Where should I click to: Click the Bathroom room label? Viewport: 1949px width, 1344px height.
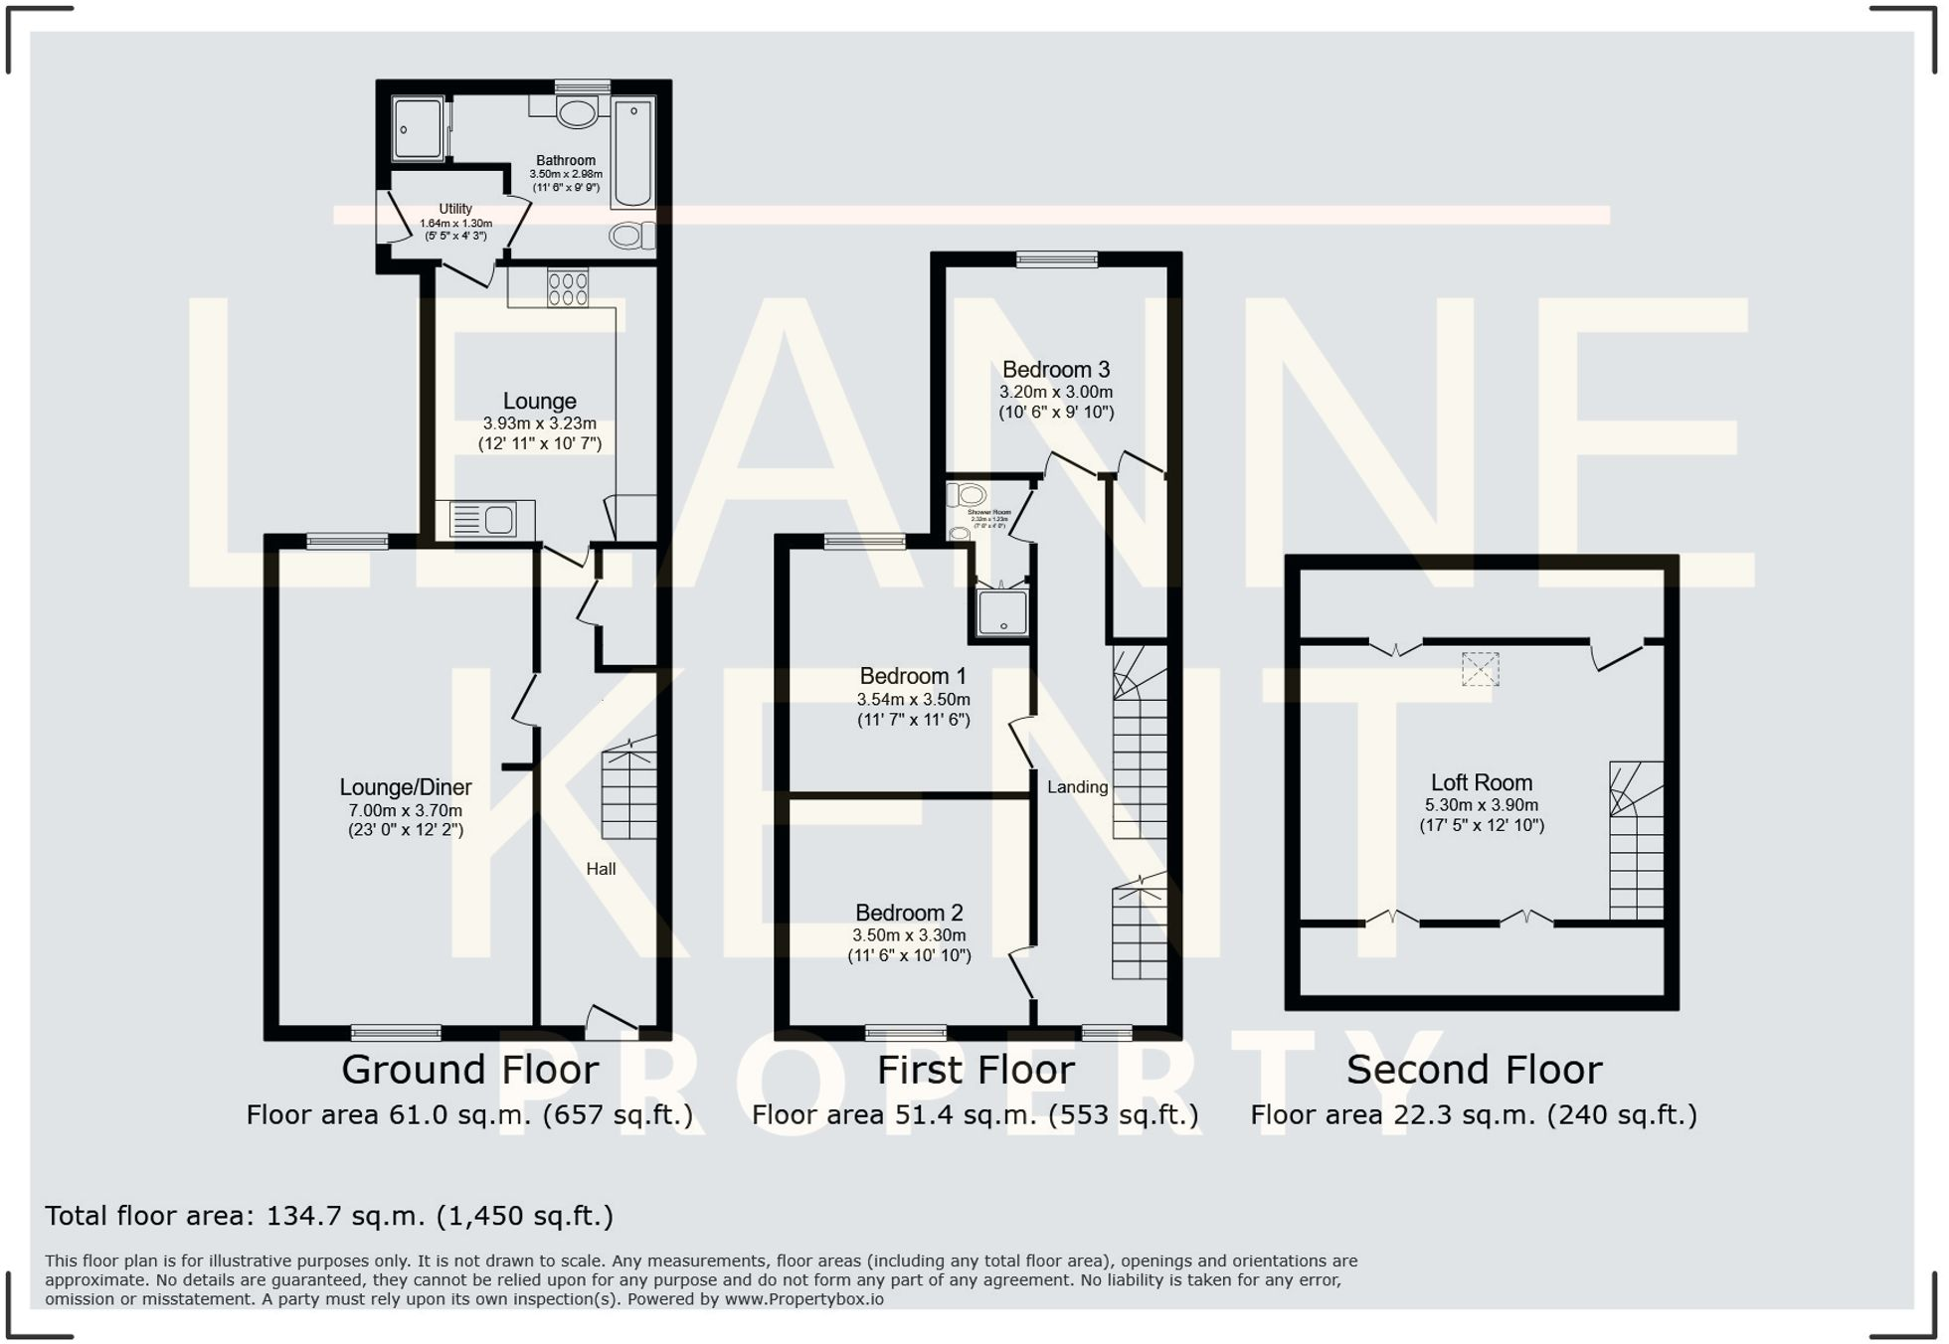566,161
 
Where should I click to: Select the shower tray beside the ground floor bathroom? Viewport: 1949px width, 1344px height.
418,128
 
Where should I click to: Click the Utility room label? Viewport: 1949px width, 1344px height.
455,209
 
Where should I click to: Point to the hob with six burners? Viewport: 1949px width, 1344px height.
568,288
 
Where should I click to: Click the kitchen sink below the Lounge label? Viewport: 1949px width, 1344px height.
484,520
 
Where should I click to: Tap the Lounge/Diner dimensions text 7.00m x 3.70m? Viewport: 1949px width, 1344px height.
406,811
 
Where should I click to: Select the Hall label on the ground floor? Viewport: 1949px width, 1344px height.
601,870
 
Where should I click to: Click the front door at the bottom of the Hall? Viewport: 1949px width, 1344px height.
611,1023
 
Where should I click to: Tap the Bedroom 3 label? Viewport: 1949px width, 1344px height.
1056,370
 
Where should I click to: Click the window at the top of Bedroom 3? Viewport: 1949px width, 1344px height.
1056,259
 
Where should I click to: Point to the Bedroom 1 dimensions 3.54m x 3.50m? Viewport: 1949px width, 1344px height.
914,700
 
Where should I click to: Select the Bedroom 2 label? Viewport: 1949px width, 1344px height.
909,914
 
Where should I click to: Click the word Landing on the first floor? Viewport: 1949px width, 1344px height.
1077,787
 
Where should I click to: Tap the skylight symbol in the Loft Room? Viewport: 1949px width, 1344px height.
1480,669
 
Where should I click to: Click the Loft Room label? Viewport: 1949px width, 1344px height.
1482,783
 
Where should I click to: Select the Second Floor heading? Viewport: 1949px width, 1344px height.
1474,1071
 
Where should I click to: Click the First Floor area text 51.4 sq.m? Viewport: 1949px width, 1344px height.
974,1115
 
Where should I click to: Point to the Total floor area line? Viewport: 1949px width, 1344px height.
329,1216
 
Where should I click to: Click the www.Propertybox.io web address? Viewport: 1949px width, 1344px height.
803,1299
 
